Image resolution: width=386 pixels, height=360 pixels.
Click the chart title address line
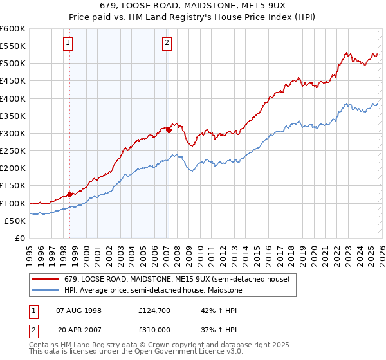tap(194, 5)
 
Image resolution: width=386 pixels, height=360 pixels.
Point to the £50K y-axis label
tap(15, 221)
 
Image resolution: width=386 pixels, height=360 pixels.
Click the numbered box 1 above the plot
tap(68, 43)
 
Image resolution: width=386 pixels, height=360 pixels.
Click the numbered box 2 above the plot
tap(167, 43)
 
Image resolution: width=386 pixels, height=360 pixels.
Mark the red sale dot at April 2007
tap(169, 130)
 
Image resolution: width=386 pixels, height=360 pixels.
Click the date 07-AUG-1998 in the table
tap(79, 310)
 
